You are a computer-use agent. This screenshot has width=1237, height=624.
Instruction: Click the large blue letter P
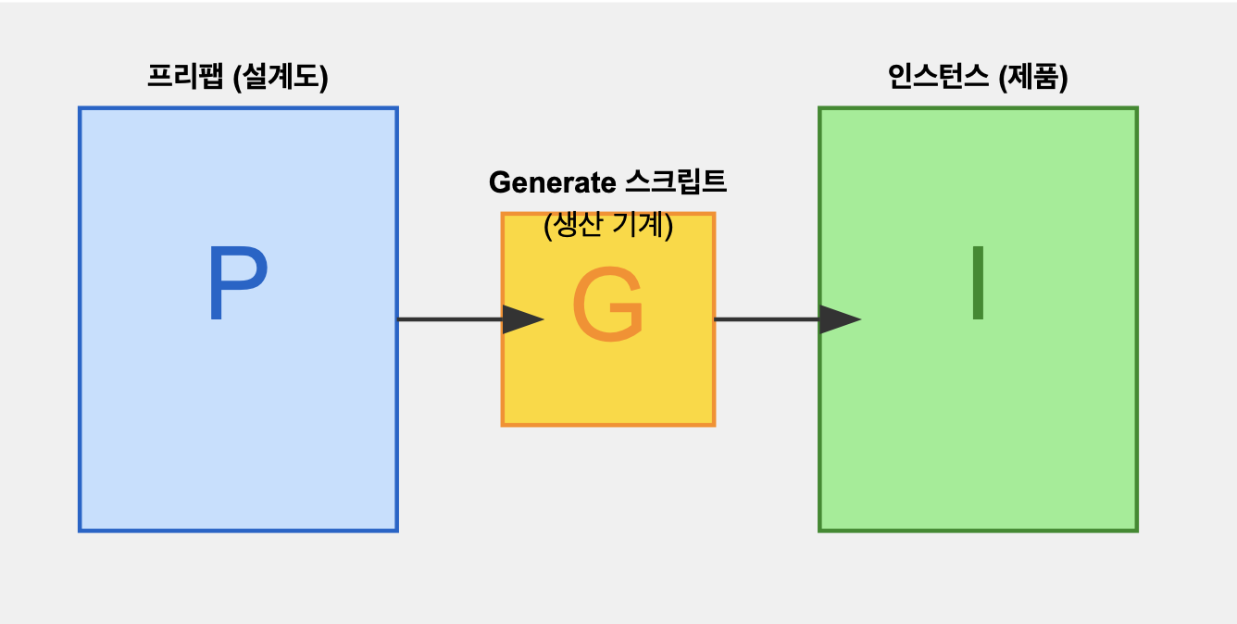tap(237, 284)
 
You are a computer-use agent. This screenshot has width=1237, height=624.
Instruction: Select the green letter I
tap(977, 283)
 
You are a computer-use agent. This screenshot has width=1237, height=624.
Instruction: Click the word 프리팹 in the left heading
tap(185, 78)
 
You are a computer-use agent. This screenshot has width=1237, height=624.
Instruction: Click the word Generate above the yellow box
tap(545, 182)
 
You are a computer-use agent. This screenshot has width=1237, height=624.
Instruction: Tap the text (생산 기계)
tap(607, 225)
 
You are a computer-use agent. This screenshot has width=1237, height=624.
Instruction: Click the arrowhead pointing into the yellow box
tap(522, 319)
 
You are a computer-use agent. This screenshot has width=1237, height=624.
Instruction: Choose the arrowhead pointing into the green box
tap(840, 319)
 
